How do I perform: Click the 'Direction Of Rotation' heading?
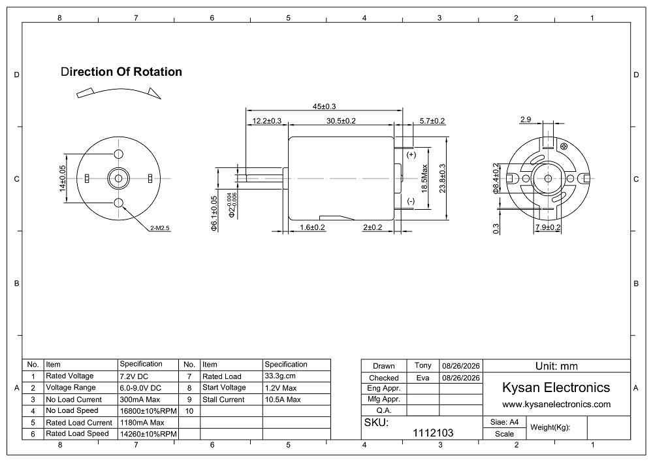(x=121, y=72)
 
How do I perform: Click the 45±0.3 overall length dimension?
(x=324, y=107)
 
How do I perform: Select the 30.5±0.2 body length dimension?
(x=341, y=121)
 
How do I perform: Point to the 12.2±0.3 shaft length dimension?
(x=267, y=121)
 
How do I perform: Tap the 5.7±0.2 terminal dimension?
(x=432, y=121)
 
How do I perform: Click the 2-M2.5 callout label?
(x=160, y=228)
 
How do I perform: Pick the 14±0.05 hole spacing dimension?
(x=63, y=178)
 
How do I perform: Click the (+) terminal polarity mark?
(x=411, y=155)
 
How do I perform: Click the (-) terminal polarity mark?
(x=411, y=201)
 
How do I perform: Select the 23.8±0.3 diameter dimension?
(x=442, y=178)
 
